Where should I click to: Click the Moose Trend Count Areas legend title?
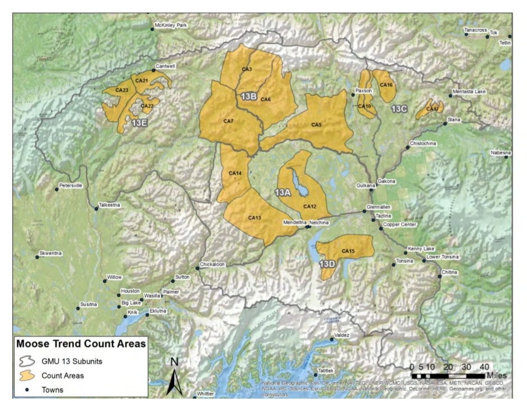pyautogui.click(x=81, y=343)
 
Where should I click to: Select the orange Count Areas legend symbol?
pyautogui.click(x=28, y=375)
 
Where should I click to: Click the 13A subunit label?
pyautogui.click(x=282, y=193)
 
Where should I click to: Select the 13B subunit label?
pyautogui.click(x=249, y=97)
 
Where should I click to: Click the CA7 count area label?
pyautogui.click(x=228, y=121)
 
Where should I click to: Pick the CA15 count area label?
pyautogui.click(x=348, y=250)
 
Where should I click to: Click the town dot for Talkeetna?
pyautogui.click(x=96, y=209)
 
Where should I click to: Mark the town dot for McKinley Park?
pyautogui.click(x=152, y=29)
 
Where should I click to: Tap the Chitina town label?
pyautogui.click(x=449, y=272)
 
